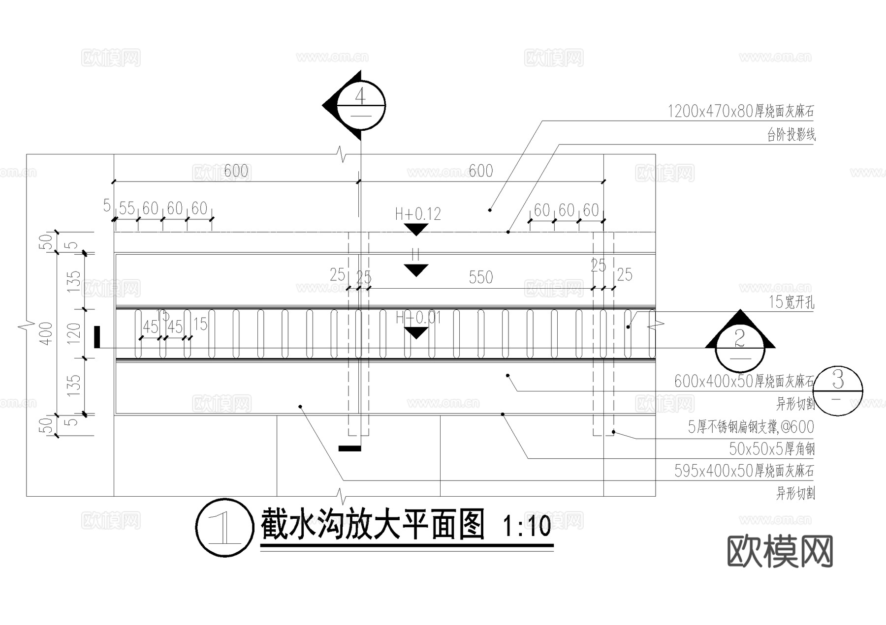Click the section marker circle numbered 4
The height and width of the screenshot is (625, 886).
[361, 105]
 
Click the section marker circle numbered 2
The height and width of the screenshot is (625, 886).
[740, 347]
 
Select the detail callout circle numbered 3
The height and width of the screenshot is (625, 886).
[838, 390]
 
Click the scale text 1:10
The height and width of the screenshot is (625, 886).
[526, 526]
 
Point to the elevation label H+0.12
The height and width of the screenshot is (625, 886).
[417, 214]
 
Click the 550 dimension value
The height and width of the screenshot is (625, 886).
[480, 277]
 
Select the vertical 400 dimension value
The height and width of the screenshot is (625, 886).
[46, 333]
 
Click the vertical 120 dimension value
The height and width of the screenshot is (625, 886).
[73, 333]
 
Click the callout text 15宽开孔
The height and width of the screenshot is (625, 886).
[791, 302]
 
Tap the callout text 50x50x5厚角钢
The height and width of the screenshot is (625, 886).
[771, 449]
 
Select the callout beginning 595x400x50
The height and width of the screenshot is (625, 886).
[744, 471]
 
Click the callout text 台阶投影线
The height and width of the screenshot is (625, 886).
[791, 134]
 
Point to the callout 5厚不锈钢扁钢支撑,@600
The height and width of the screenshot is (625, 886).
[751, 427]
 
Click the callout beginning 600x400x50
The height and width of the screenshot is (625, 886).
[744, 381]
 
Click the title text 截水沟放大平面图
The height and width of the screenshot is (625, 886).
[373, 525]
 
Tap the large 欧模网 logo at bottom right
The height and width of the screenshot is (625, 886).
[780, 551]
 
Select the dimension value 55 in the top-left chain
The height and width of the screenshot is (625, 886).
[127, 208]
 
